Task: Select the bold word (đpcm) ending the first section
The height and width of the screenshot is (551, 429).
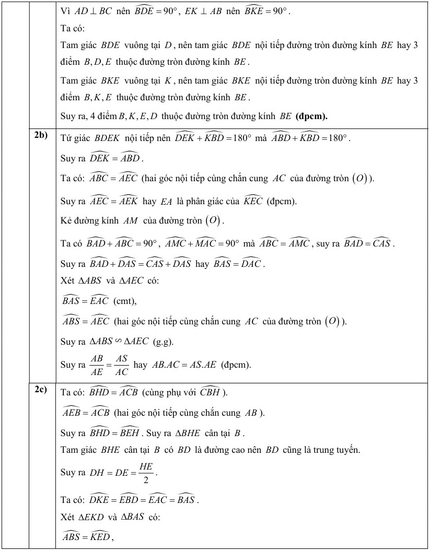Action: [x=312, y=116]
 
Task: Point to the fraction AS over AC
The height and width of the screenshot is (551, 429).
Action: [x=121, y=364]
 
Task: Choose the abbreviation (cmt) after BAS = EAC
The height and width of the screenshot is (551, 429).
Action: [x=123, y=300]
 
